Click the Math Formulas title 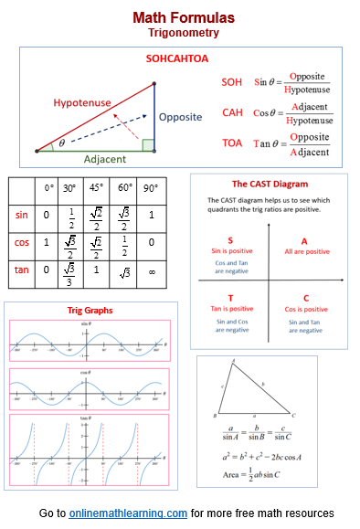click(183, 17)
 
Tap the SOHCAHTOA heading click(178, 58)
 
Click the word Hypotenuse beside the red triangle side click(85, 102)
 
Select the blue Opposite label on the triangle click(181, 118)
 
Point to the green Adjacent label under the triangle click(105, 159)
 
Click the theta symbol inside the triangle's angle click(61, 143)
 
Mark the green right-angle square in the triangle click(148, 144)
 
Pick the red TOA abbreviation click(232, 143)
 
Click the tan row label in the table click(23, 270)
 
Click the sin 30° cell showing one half click(71, 216)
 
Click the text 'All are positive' click(306, 251)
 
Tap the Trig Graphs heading click(90, 311)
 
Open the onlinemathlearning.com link click(128, 513)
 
